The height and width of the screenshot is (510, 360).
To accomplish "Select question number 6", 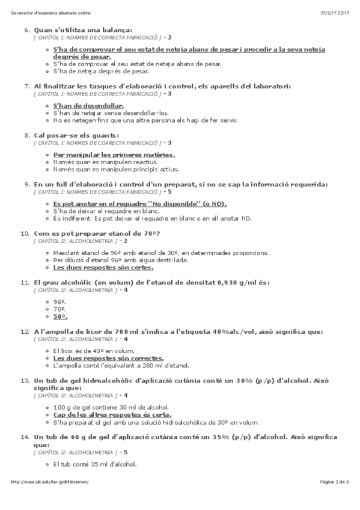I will (x=26, y=29).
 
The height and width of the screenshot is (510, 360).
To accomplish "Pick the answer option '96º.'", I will (x=59, y=303).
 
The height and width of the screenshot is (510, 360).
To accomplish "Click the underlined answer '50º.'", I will (x=60, y=316).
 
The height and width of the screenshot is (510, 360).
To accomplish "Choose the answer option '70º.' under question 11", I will (x=59, y=309).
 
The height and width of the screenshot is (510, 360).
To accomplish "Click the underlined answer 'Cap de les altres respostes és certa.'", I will (x=112, y=414).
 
